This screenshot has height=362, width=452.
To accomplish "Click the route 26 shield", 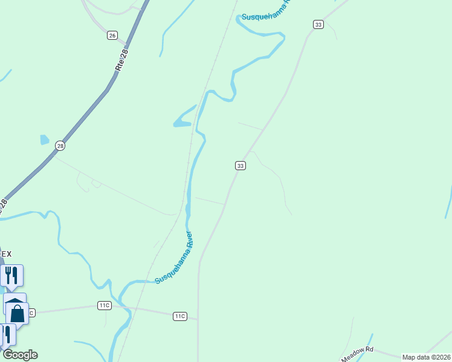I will tap(112, 36).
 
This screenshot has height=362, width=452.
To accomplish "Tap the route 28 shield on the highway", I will tap(60, 145).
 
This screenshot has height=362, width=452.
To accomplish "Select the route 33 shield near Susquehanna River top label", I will tap(318, 24).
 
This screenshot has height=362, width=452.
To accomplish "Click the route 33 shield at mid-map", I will tap(241, 165).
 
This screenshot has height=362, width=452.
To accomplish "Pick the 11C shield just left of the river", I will tap(105, 305).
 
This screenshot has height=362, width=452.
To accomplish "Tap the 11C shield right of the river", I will tap(179, 316).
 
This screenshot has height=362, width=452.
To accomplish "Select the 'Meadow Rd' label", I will tap(358, 354).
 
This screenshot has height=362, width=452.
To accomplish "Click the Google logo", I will tap(20, 355).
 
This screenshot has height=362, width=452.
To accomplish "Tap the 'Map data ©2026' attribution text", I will tap(426, 357).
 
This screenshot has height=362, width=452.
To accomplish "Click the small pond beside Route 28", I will tap(44, 139).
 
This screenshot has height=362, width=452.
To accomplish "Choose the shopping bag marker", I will tap(18, 314).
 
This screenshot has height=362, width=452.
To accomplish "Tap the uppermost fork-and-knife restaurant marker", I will tap(12, 275).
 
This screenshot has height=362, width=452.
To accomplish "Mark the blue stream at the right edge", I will tap(448, 199).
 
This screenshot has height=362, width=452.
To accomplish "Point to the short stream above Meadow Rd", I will tap(367, 341).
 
